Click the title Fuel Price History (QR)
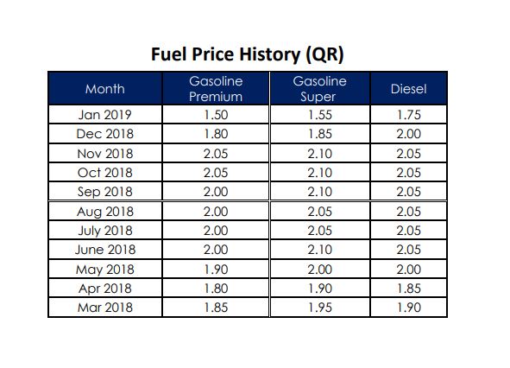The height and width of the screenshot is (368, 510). pyautogui.click(x=247, y=54)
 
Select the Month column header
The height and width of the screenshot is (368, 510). pyautogui.click(x=105, y=89)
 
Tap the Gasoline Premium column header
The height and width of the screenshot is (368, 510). pyautogui.click(x=216, y=89)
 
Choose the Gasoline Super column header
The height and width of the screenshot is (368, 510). pyautogui.click(x=319, y=89)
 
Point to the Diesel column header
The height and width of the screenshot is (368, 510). pyautogui.click(x=408, y=89)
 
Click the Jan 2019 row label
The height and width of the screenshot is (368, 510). pyautogui.click(x=104, y=115)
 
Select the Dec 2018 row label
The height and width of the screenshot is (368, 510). pyautogui.click(x=104, y=134)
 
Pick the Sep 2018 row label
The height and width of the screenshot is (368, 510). pyautogui.click(x=104, y=192)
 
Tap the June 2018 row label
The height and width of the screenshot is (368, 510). pyautogui.click(x=105, y=250)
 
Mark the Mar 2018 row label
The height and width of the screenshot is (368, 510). pyautogui.click(x=105, y=308)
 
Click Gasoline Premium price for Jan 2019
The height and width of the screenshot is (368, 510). pyautogui.click(x=216, y=115)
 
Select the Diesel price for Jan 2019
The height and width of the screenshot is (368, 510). pyautogui.click(x=408, y=115)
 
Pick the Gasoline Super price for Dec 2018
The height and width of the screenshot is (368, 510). pyautogui.click(x=320, y=134)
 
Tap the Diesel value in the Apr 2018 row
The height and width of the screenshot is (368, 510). pyautogui.click(x=408, y=289)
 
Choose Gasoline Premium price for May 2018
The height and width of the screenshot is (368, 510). pyautogui.click(x=216, y=270)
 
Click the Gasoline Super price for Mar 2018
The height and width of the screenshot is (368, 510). pyautogui.click(x=320, y=308)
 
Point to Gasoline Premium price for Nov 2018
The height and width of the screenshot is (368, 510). pyautogui.click(x=216, y=154)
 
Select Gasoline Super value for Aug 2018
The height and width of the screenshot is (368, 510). pyautogui.click(x=320, y=212)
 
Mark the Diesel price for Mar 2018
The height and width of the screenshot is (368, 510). pyautogui.click(x=408, y=308)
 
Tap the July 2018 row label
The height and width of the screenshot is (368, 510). pyautogui.click(x=105, y=231)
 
